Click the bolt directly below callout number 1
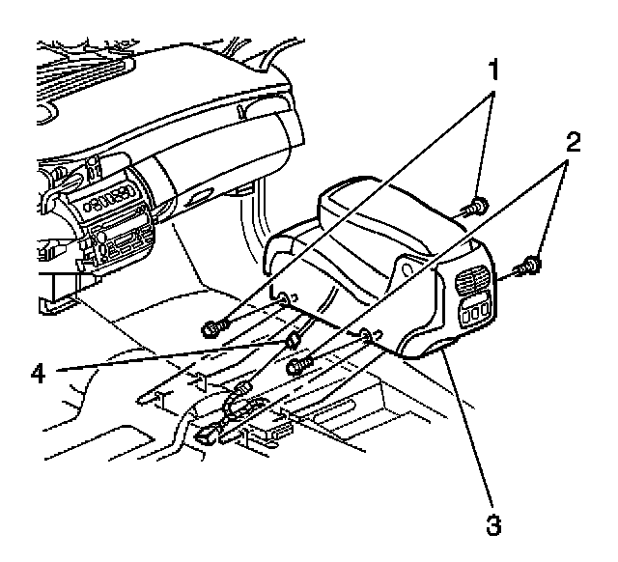(x=476, y=206)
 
